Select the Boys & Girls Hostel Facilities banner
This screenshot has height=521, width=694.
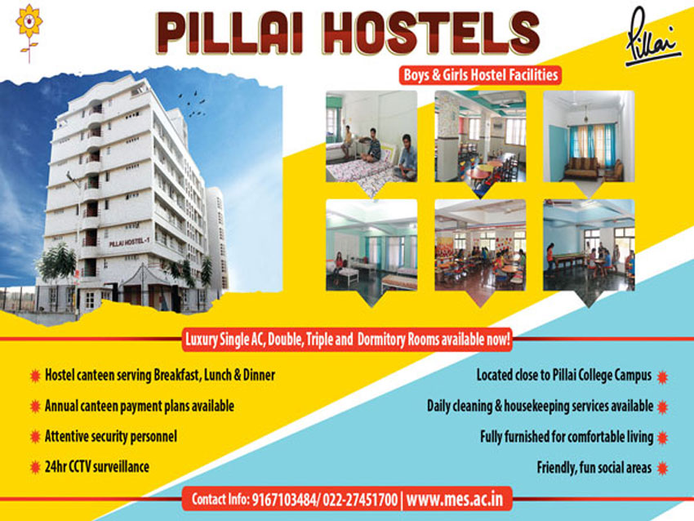point(481,74)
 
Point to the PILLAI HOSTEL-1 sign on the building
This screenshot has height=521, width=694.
point(127,243)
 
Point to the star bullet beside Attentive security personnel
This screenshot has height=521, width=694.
point(35,437)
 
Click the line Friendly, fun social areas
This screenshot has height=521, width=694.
point(594,468)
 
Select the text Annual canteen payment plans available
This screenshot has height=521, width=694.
point(140,406)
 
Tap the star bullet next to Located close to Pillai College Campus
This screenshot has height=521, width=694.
point(662,376)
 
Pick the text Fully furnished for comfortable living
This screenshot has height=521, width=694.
point(567,437)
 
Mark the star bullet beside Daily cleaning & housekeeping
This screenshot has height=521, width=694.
point(662,406)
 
